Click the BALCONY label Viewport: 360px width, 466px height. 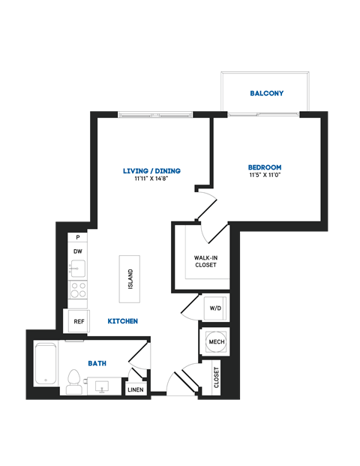click(x=266, y=93)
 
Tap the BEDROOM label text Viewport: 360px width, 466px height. click(x=265, y=167)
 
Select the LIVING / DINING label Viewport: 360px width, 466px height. click(x=152, y=171)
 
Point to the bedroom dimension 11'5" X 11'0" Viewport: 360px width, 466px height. click(x=265, y=176)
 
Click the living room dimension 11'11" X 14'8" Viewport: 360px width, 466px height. click(x=152, y=180)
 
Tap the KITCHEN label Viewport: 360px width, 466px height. click(x=122, y=321)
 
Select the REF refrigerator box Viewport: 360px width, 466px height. click(x=78, y=321)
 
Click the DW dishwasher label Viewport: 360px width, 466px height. click(x=77, y=252)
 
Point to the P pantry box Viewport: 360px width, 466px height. click(x=77, y=238)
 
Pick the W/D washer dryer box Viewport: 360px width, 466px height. click(x=215, y=308)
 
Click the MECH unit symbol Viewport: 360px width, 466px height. click(x=216, y=342)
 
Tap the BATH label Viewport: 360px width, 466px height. click(x=97, y=363)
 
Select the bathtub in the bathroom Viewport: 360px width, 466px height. click(x=46, y=364)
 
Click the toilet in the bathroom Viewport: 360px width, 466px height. click(x=73, y=380)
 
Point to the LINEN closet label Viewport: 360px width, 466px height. click(x=136, y=389)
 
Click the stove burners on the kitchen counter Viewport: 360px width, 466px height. click(x=77, y=290)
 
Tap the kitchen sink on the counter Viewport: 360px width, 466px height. click(x=77, y=269)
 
